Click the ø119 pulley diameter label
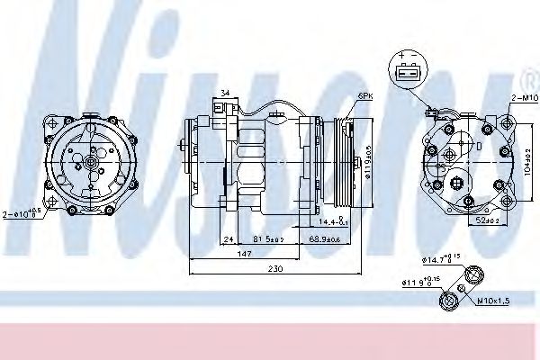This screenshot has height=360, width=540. tap(368, 163)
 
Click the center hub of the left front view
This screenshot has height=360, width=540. tap(92, 163)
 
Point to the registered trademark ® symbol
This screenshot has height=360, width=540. tap(527, 74)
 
